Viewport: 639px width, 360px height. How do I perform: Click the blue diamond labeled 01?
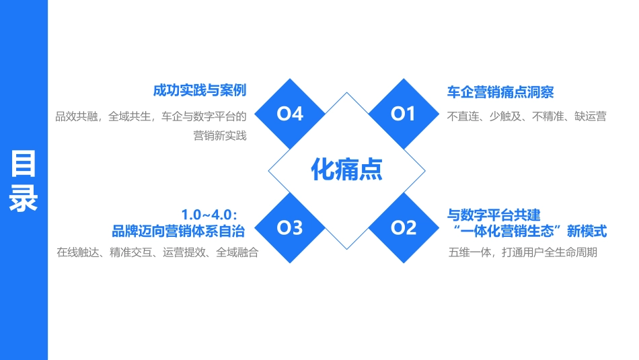coord(404,114)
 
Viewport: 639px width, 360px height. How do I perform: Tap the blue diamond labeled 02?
coord(404,228)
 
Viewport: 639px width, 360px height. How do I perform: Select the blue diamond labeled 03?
coord(290,228)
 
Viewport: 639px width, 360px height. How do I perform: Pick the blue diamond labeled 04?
coord(290,114)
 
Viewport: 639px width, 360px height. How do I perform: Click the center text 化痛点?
coord(346,170)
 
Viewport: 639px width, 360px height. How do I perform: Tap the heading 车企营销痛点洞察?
coord(500,92)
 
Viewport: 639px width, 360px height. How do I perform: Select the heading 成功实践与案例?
coord(200,90)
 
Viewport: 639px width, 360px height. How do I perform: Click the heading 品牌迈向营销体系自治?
coord(178,231)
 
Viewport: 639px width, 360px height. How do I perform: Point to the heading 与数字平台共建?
coord(494,215)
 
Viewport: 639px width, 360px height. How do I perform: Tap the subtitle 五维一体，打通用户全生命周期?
coord(523,253)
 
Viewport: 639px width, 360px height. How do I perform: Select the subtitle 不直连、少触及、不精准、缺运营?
coord(527,116)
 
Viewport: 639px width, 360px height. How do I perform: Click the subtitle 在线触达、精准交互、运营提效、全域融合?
coord(157,253)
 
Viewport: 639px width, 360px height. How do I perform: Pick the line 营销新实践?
coord(220,136)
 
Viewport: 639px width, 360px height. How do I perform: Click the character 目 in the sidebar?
coord(24,165)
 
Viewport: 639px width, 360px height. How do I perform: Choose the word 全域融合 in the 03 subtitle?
coord(237,253)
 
